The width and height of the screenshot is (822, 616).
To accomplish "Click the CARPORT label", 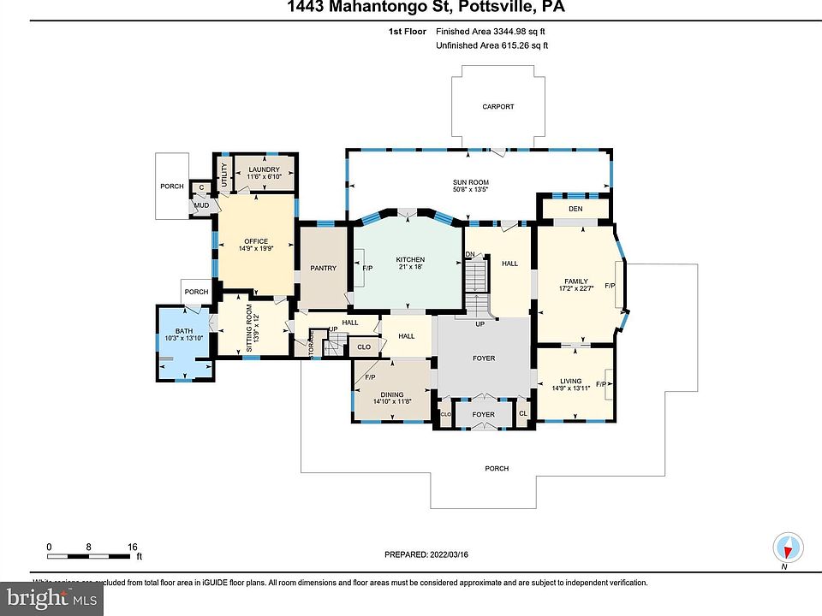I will (497, 107).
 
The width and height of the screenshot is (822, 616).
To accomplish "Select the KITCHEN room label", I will (410, 260).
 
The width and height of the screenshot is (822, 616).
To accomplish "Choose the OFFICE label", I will (256, 241).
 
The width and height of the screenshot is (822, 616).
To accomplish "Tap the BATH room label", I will (184, 331).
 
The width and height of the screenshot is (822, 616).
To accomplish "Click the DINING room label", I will (392, 394).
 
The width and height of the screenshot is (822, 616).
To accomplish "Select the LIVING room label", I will (570, 382).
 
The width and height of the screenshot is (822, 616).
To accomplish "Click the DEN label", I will (575, 209).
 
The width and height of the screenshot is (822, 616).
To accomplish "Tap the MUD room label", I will (201, 205).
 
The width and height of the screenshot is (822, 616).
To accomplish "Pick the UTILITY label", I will (225, 175).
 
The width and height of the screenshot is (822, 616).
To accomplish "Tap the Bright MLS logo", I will (51, 598).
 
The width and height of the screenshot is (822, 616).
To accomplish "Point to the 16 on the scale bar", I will (133, 546).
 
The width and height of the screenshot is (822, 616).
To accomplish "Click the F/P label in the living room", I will (600, 384).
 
